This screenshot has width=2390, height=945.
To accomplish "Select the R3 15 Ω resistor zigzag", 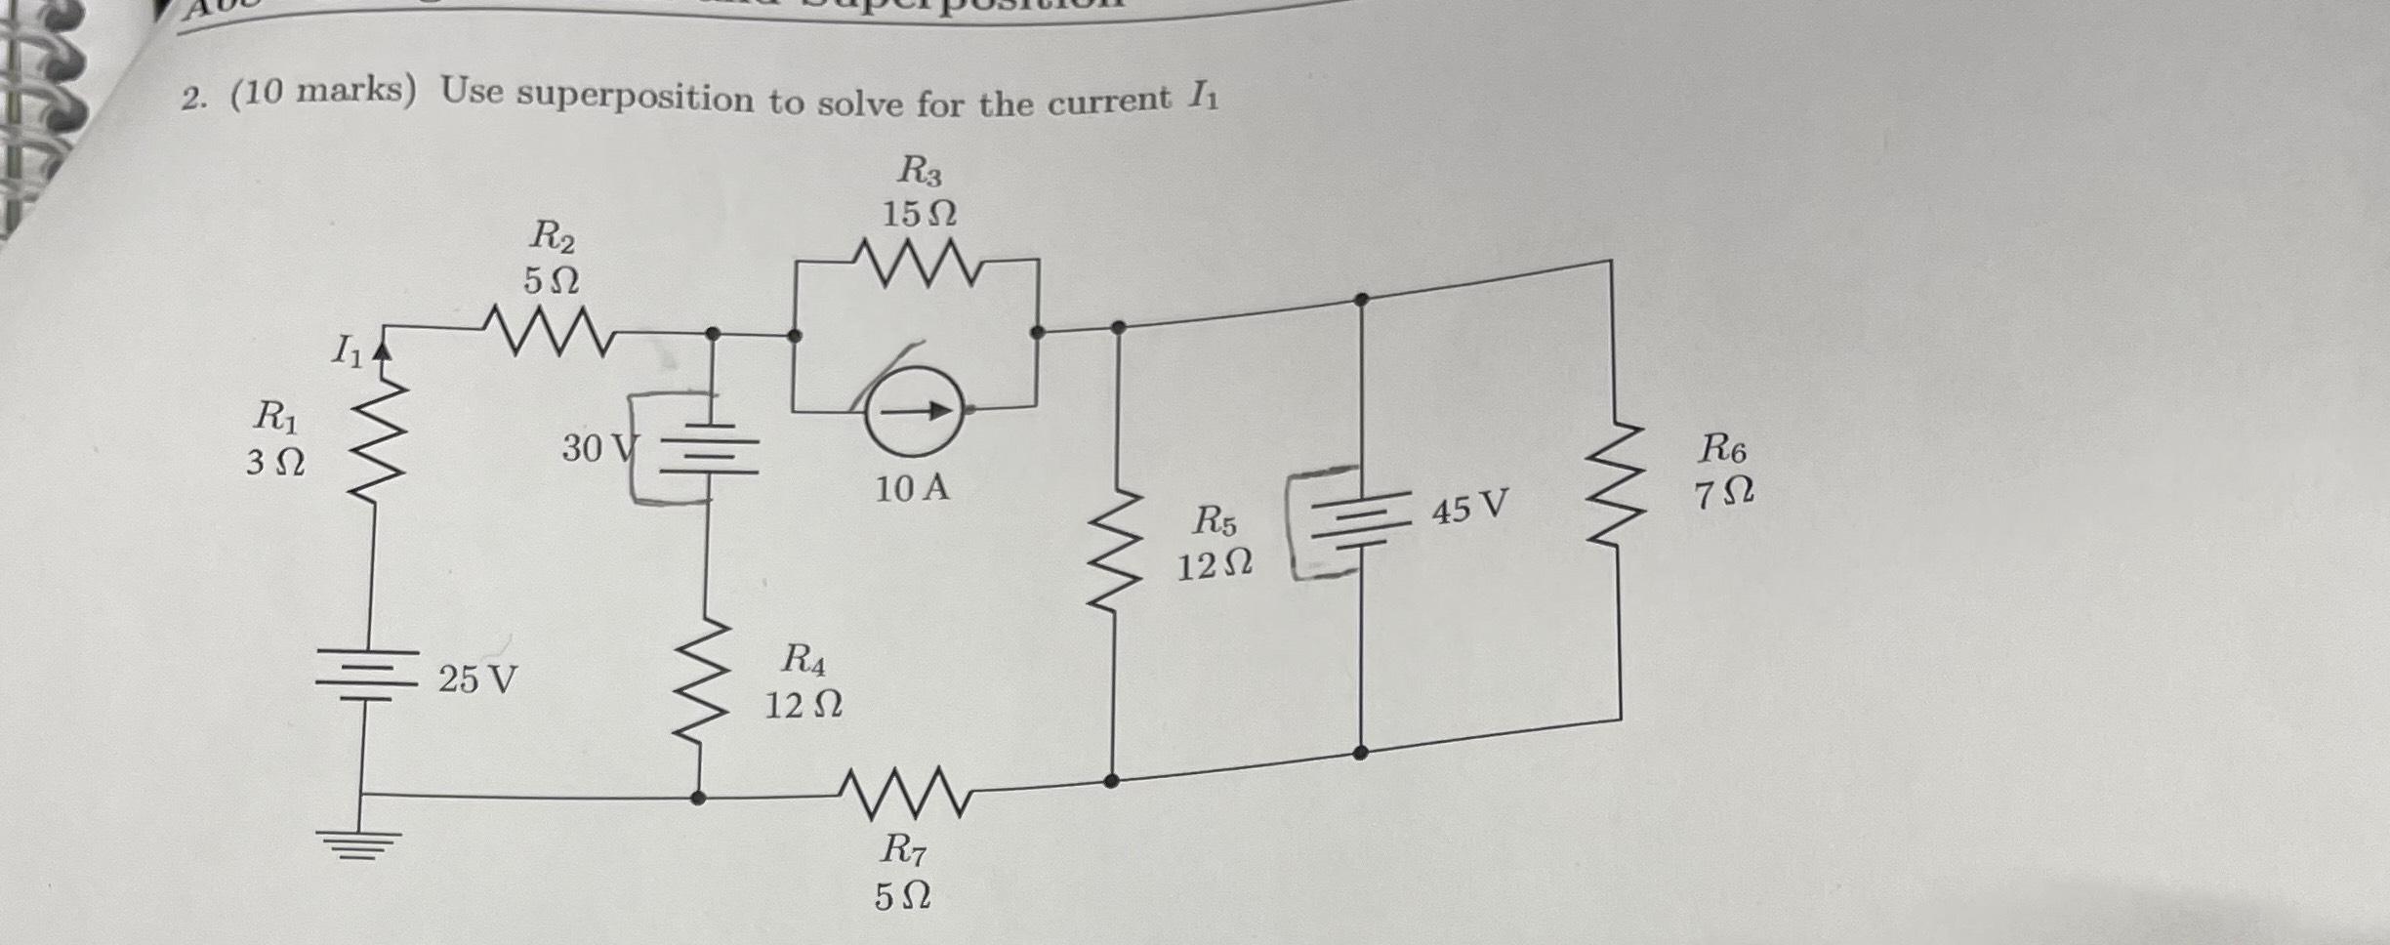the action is tap(915, 266).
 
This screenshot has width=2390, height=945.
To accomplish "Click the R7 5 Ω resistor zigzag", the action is tap(903, 791).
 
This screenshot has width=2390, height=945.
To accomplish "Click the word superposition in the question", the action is tap(635, 97).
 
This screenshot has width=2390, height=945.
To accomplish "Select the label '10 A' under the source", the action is tap(911, 488).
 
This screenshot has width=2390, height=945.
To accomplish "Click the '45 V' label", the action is tap(1469, 508).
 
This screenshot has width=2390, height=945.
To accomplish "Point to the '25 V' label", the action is tap(477, 678).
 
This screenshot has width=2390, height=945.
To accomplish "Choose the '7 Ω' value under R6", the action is tap(1723, 493).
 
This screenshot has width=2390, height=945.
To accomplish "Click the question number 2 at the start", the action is tap(192, 99).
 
